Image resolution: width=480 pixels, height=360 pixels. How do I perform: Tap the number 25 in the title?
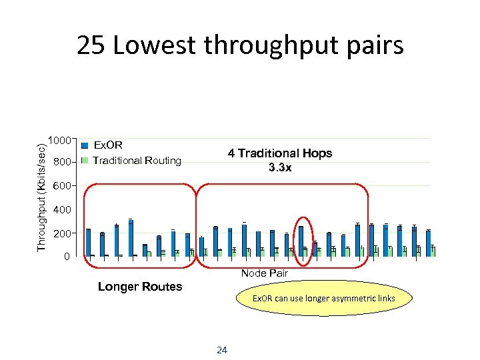90,45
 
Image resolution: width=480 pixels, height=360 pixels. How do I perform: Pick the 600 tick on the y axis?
63,186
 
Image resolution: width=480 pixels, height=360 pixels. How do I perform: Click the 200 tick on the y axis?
63,234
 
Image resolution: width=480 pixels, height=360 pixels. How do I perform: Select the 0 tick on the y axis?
66,257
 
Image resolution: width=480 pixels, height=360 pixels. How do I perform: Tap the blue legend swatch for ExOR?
85,145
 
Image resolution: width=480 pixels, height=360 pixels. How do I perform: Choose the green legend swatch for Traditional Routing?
85,161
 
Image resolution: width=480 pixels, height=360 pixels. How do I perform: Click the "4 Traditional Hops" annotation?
279,153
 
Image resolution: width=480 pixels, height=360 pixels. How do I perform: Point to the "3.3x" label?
280,168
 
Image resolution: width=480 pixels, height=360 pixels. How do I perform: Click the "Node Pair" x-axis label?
264,273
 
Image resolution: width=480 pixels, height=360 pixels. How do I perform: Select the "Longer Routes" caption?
139,287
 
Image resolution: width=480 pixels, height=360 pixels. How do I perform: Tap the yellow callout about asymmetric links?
323,298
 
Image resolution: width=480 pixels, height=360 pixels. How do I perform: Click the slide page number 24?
223,350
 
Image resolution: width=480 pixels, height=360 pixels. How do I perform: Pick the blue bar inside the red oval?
301,241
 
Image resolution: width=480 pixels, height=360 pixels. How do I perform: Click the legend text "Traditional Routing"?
137,161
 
